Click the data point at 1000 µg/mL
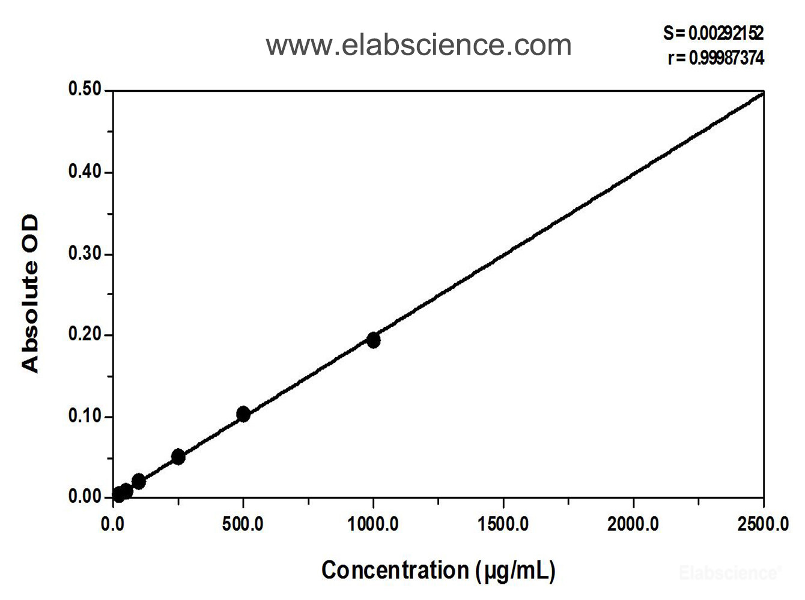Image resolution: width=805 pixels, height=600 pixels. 373,340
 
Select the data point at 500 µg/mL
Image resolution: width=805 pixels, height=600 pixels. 243,414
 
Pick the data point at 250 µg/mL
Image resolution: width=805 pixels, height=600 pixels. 178,457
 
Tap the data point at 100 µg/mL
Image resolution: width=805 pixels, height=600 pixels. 139,481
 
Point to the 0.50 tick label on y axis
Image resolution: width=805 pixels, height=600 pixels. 85,90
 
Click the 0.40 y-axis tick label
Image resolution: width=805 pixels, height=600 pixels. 85,172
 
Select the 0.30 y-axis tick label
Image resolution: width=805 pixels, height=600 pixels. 85,254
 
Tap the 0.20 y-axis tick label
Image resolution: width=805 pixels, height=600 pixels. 85,335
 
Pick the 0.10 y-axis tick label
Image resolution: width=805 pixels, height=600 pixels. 85,416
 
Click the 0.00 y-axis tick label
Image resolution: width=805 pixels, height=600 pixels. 85,497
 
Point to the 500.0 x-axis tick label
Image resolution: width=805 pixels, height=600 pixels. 243,524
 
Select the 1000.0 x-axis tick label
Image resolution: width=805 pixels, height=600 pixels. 373,524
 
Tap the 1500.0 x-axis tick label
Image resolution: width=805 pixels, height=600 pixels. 503,524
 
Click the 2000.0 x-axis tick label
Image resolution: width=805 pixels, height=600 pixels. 633,524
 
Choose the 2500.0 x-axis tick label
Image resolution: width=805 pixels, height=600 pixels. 763,524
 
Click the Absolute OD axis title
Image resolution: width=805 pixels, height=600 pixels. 30,294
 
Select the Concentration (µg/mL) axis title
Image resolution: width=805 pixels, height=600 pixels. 438,570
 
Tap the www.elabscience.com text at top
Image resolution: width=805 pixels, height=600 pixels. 419,45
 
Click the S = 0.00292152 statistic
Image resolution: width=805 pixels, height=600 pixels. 713,33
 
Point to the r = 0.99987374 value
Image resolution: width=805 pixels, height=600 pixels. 715,58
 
